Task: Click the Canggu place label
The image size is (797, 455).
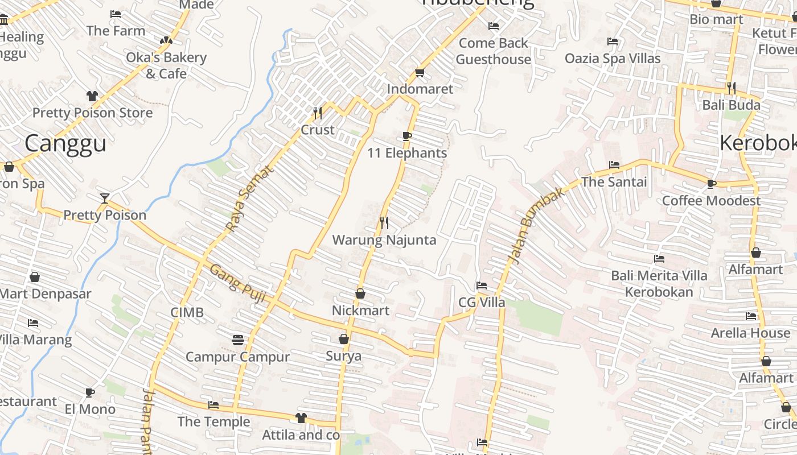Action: (x=65, y=143)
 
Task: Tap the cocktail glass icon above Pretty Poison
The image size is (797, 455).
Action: (x=104, y=198)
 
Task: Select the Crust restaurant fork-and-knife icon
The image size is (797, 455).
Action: (x=318, y=113)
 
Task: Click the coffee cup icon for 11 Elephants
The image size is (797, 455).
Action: (x=406, y=136)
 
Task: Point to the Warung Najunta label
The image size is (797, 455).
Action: (x=384, y=240)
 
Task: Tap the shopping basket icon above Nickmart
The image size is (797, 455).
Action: (x=360, y=293)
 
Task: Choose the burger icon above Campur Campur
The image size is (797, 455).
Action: (x=238, y=340)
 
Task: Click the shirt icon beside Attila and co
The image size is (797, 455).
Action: (x=301, y=418)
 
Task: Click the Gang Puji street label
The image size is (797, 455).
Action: (x=238, y=283)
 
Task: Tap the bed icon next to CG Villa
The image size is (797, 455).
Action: (x=482, y=285)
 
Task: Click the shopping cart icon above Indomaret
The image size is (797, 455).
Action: (x=420, y=72)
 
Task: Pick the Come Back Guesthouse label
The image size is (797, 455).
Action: (x=494, y=51)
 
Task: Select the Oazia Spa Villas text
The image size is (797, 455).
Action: (x=613, y=59)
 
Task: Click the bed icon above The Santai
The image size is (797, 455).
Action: (x=614, y=165)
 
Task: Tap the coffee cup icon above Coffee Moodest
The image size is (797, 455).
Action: (x=711, y=184)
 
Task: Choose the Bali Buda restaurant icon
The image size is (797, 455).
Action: (x=732, y=88)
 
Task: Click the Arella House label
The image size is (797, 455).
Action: (x=750, y=333)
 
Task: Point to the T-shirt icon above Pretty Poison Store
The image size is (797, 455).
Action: (x=92, y=96)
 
